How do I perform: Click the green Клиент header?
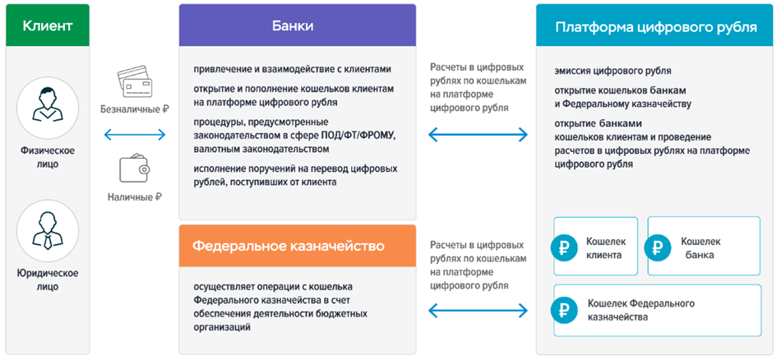click(47, 25)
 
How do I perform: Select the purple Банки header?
click(293, 25)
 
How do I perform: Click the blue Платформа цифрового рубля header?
click(655, 25)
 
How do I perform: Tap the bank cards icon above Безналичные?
click(134, 81)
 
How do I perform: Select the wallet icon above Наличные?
click(134, 171)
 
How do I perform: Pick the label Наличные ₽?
click(134, 197)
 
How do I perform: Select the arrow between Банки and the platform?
click(478, 133)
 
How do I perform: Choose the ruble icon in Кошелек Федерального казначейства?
click(566, 310)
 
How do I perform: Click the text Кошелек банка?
click(700, 247)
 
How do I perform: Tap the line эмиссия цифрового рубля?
click(613, 71)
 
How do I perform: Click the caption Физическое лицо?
click(47, 156)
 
